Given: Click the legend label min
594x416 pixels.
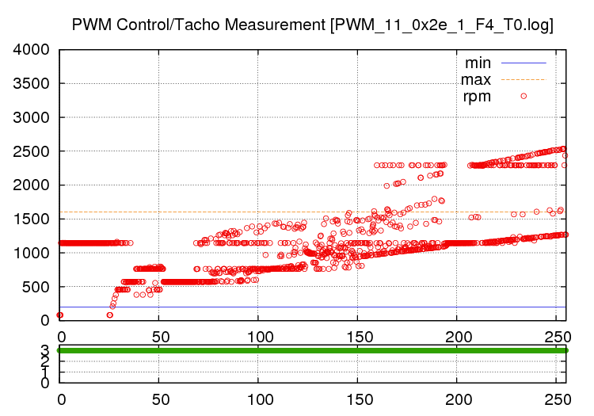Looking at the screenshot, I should coord(478,62).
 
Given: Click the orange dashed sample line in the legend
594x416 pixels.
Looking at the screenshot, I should coord(523,79).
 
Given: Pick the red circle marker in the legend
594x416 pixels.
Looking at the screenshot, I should coord(524,96).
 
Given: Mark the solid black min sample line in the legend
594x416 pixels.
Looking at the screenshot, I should coord(523,62).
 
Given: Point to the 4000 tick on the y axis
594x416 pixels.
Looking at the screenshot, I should coord(32,50).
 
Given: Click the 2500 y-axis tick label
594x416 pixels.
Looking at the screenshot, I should coord(32,151).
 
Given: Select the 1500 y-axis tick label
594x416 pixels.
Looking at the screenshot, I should coord(32,219).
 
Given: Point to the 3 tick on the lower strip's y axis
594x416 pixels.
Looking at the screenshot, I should coord(44,349).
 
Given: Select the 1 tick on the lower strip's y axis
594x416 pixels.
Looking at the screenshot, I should coord(44,372).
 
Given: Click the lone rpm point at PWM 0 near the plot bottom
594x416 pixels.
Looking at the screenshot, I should coord(59,315).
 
